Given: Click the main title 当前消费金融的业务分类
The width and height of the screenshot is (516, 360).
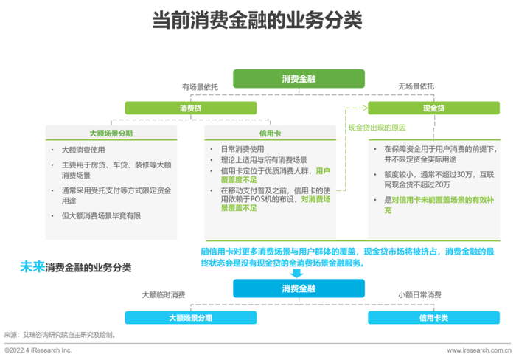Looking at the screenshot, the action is coord(257,20).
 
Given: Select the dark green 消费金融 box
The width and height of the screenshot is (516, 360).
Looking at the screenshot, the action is coord(299,78).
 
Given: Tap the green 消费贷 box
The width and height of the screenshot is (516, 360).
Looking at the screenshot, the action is coord(190,108).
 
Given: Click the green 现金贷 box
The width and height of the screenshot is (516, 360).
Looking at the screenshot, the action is coord(433,108).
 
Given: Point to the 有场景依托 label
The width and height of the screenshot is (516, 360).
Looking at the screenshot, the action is coord(200,87).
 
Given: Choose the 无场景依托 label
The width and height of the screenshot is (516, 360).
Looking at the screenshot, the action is coord(416,86).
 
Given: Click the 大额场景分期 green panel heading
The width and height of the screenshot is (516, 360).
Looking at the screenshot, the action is coord(111,133).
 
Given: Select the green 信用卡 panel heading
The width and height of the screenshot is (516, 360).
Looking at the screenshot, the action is coord(271,133).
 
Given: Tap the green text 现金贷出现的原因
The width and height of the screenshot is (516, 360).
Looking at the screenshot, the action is coord(377,128).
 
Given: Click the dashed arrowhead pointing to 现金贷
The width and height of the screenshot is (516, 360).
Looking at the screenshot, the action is coord(364,108).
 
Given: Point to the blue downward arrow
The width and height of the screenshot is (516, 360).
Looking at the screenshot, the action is coord(297,273).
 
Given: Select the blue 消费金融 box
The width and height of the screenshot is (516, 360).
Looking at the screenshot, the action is coord(299,288).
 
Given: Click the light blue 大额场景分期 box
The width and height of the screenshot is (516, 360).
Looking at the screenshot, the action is coord(190,318).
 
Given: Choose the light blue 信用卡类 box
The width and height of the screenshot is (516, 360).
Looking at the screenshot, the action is coord(433,318).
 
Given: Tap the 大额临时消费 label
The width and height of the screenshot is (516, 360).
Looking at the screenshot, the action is coord(164,295).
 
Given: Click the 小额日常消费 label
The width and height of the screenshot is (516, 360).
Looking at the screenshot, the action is coord(419,295).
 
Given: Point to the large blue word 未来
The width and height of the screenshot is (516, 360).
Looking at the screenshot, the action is coord(32,266).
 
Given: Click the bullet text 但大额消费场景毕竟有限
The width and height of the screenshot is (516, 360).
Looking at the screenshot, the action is coord(101,216).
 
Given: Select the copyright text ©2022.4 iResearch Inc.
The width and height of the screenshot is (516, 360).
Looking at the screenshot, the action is coord(38,350).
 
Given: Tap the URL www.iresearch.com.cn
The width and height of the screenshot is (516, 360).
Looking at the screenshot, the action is coord(479,350).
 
